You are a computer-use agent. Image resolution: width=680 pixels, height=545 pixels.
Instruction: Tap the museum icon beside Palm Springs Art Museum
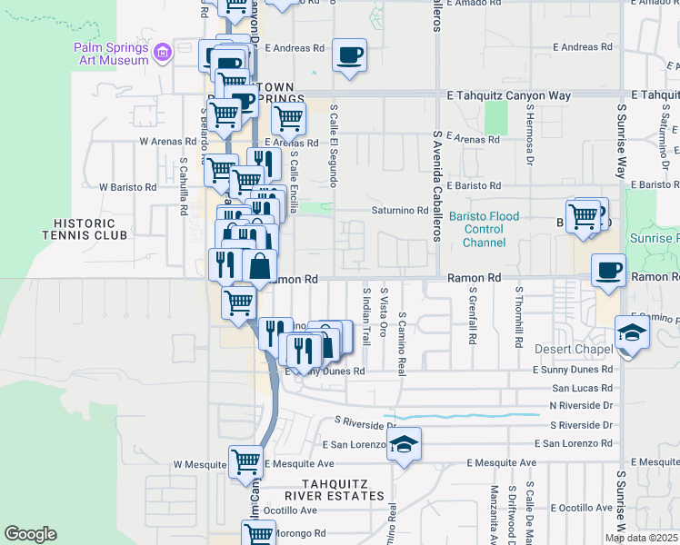[163, 54]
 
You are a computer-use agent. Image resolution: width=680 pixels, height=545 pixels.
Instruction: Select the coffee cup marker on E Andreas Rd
[349, 55]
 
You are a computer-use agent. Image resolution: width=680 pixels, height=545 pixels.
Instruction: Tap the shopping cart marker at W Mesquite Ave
[245, 461]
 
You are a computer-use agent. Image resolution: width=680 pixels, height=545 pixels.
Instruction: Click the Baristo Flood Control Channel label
[484, 230]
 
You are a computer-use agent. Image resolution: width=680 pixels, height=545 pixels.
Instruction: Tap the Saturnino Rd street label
[398, 211]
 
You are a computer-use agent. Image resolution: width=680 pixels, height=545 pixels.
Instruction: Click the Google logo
[31, 534]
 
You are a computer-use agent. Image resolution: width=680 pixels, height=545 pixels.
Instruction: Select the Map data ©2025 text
[640, 539]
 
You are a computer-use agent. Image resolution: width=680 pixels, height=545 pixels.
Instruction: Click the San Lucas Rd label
[581, 387]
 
